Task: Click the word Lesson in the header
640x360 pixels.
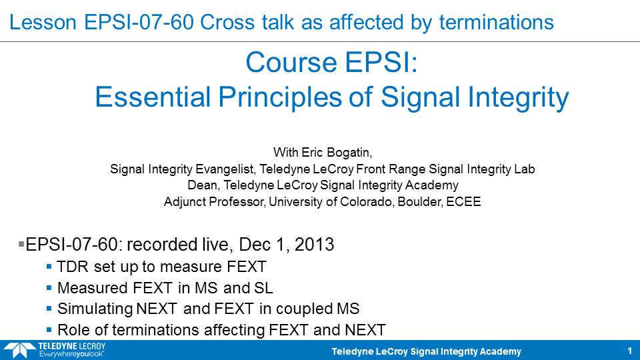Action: coord(43,22)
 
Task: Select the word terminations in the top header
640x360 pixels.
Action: coord(496,22)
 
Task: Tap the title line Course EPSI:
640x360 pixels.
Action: coord(332,63)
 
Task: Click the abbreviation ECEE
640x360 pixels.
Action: coord(464,201)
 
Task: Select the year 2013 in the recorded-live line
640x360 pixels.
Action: coord(314,245)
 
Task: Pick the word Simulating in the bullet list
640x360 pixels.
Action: coord(95,309)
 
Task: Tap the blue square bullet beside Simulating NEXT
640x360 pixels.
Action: coord(49,309)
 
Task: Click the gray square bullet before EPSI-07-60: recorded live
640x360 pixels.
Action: coord(21,244)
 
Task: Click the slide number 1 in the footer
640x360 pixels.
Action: coord(630,351)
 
